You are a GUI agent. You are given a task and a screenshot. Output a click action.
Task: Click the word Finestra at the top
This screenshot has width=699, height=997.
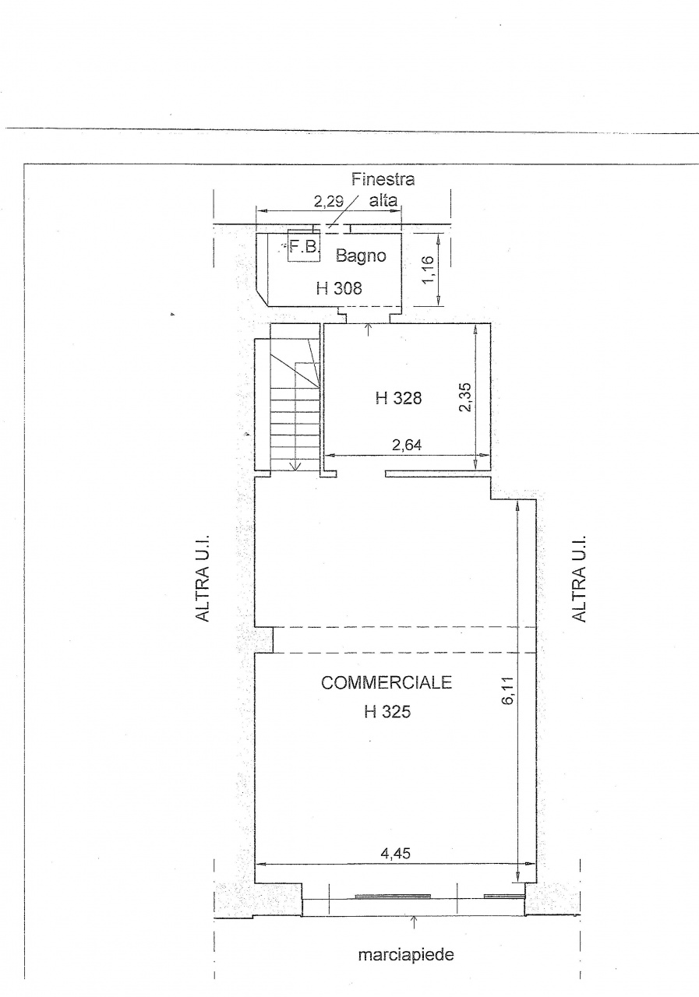(383, 179)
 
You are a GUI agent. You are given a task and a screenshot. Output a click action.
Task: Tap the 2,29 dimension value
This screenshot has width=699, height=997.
(329, 202)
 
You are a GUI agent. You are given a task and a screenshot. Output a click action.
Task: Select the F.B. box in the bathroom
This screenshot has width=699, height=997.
(304, 245)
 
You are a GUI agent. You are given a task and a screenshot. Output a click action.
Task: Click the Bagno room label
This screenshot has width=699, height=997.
(361, 256)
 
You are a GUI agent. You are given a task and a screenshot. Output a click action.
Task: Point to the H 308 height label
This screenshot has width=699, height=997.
(339, 288)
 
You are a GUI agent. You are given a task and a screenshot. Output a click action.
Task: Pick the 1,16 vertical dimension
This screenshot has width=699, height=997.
(428, 270)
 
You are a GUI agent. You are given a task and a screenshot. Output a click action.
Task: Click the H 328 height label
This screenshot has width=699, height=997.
(398, 398)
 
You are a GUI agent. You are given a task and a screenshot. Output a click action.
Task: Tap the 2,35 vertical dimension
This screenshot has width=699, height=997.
(465, 397)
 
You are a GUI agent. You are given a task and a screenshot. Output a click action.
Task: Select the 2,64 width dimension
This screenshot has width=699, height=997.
(407, 445)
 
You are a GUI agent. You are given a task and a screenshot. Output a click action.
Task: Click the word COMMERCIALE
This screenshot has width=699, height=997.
(386, 683)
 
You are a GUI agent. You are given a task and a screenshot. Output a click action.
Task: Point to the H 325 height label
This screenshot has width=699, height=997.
(387, 712)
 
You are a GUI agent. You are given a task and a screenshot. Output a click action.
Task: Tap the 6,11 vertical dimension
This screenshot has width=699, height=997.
(508, 690)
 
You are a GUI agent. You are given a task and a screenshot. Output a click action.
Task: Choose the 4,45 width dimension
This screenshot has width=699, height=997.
(395, 853)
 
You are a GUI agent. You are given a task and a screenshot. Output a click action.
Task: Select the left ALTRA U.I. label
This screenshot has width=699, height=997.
(203, 578)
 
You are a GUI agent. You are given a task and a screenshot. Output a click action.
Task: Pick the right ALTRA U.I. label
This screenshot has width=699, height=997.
(579, 578)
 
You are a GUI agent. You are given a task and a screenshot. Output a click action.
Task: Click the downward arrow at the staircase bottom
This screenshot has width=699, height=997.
(295, 465)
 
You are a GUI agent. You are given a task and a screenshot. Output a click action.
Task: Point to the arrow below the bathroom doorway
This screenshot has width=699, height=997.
(368, 330)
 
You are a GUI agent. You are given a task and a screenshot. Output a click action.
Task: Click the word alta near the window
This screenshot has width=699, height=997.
(383, 201)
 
